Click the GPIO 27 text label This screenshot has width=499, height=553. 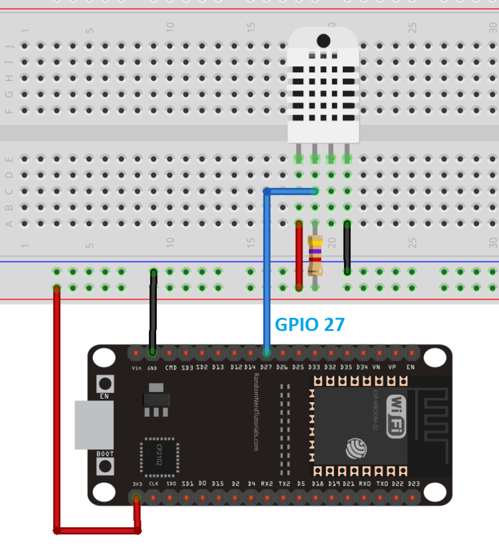click(310, 324)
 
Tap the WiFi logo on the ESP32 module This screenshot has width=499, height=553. click(396, 416)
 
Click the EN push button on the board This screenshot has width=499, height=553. click(105, 383)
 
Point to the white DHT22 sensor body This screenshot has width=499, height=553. click(322, 84)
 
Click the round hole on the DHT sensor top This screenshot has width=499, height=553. click(324, 41)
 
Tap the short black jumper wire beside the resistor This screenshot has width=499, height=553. click(347, 247)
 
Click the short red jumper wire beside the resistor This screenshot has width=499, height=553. click(299, 256)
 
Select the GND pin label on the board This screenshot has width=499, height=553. click(152, 368)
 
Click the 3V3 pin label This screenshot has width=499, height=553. click(137, 484)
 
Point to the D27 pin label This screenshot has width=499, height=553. click(266, 367)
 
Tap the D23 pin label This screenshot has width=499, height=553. click(413, 484)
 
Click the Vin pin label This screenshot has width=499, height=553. click(137, 368)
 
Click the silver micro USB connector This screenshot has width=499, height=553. click(93, 425)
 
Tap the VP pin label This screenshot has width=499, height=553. click(392, 367)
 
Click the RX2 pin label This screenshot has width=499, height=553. click(266, 484)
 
